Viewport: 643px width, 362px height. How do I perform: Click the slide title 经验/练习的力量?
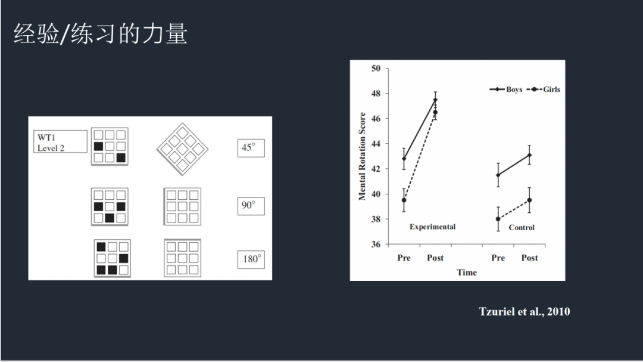(101, 33)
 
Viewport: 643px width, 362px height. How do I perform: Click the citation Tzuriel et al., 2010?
(524, 311)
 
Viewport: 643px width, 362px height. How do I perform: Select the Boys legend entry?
(505, 89)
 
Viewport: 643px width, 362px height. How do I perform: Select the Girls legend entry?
(544, 89)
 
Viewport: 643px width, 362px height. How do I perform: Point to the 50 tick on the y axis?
(376, 68)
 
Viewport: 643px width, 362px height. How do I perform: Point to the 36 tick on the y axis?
(376, 244)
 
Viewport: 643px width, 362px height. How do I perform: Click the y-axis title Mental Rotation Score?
(362, 156)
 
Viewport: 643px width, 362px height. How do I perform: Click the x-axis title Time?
(467, 273)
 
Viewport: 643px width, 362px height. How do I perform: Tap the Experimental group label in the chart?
(432, 227)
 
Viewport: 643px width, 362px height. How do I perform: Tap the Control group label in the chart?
(522, 227)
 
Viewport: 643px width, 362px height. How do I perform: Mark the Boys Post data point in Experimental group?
(435, 100)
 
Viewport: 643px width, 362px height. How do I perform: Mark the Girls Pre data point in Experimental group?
(404, 200)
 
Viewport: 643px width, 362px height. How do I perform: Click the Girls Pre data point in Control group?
(498, 219)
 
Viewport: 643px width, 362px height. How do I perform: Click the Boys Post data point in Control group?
(529, 155)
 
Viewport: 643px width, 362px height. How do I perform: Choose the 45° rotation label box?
(251, 148)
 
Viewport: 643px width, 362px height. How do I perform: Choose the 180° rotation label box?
(251, 259)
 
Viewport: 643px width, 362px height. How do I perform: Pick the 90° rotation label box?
(251, 206)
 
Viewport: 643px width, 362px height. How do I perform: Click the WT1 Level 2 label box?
(60, 142)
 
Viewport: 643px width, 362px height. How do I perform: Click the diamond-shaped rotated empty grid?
(183, 148)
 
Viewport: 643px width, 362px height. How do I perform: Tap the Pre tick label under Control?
(498, 258)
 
